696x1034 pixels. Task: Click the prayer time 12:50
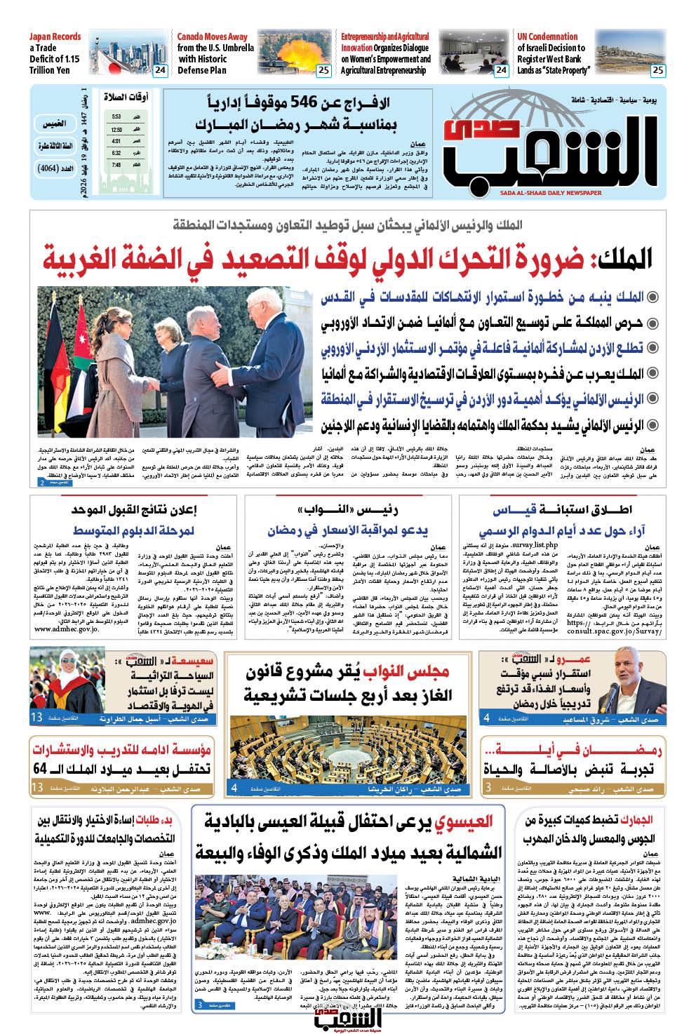pos(116,129)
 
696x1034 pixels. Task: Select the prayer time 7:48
pos(116,164)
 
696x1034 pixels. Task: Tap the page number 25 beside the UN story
pos(658,69)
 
